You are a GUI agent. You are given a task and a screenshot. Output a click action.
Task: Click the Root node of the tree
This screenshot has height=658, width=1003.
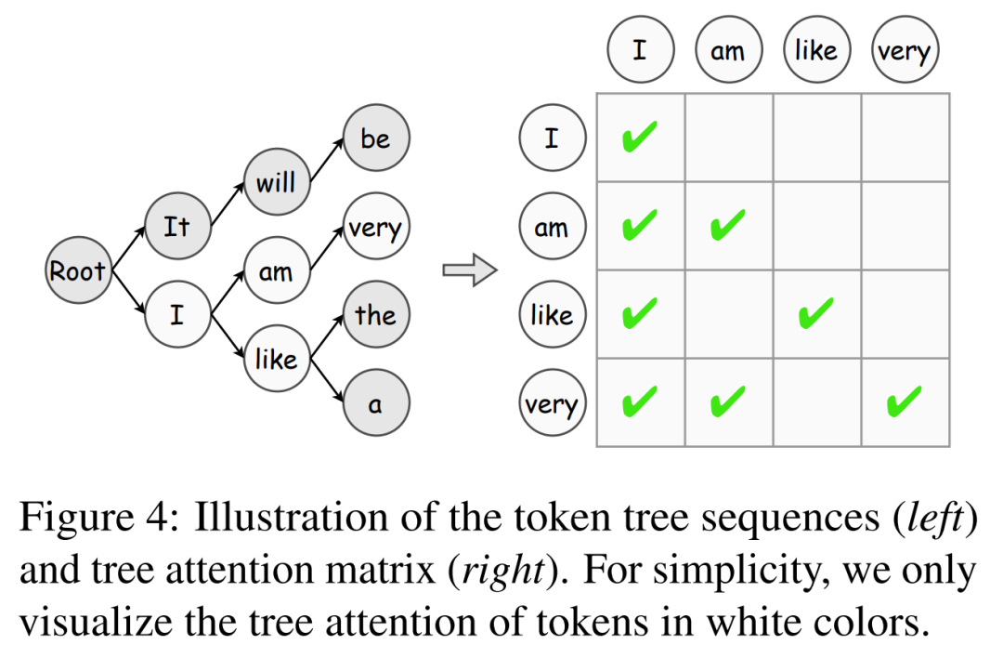78,271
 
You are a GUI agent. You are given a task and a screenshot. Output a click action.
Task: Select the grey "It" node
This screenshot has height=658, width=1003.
176,227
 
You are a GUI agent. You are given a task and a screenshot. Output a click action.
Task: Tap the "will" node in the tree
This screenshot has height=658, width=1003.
276,182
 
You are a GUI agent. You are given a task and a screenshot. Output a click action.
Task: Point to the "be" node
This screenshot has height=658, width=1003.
375,138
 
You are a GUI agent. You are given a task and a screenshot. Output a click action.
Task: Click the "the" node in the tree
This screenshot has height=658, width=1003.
375,315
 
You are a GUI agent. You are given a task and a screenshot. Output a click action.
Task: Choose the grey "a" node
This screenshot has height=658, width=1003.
375,404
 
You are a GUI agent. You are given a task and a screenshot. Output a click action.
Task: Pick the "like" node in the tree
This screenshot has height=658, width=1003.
276,360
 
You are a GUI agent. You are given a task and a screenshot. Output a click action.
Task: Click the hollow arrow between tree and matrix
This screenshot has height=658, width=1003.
469,270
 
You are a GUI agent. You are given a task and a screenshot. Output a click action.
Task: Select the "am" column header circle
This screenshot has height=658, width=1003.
727,50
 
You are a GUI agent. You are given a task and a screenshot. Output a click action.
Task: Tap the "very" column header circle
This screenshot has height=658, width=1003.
905,50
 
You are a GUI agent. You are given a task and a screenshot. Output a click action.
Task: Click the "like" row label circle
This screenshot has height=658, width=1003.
552,315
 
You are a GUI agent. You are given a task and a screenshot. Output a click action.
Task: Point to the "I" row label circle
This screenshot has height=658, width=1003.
552,138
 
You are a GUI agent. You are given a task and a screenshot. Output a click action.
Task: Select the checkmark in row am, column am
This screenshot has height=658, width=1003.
728,225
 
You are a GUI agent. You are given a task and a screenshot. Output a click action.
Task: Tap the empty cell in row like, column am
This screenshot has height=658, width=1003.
729,315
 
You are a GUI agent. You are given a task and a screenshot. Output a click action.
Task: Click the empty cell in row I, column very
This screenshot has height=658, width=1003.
905,138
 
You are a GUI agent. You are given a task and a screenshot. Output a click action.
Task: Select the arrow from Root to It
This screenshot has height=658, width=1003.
129,248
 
